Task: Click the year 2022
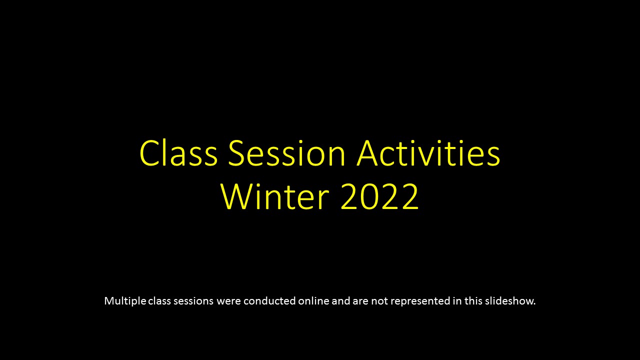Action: (379, 196)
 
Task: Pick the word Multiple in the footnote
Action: (125, 301)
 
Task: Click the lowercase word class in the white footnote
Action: (159, 301)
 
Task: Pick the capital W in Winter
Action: (233, 196)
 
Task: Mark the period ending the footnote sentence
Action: (534, 304)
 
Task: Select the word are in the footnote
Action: (360, 301)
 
